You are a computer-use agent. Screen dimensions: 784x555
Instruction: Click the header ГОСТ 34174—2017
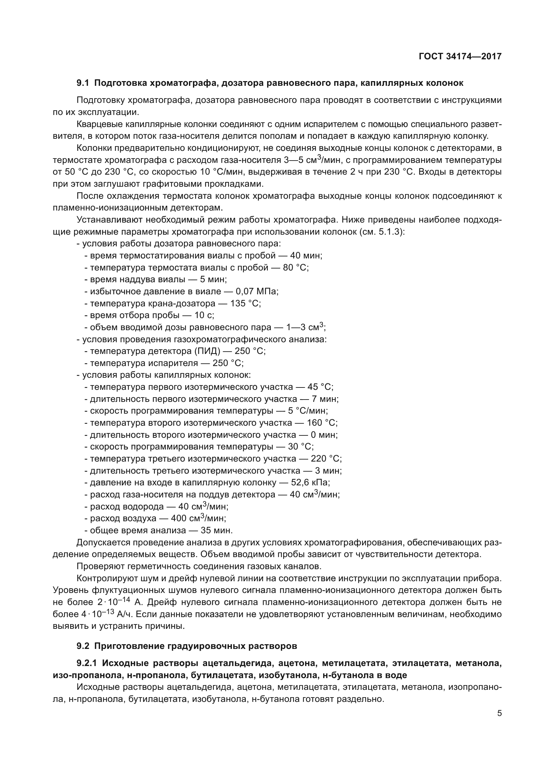460,56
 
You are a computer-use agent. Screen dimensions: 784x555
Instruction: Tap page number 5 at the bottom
499,713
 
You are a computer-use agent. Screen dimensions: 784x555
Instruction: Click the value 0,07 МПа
257,291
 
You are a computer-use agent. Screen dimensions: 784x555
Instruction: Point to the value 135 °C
245,303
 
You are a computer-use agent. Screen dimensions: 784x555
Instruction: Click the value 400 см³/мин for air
198,518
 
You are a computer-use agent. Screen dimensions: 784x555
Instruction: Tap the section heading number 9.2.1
87,663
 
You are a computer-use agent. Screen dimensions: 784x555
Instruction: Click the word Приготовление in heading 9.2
130,646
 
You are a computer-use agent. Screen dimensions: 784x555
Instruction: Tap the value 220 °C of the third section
326,459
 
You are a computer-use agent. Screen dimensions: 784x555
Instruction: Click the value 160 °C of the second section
322,423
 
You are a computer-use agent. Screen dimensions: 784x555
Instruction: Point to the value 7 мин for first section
325,399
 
